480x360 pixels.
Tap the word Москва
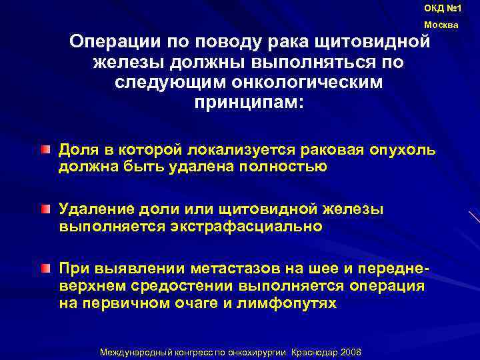point(441,25)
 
